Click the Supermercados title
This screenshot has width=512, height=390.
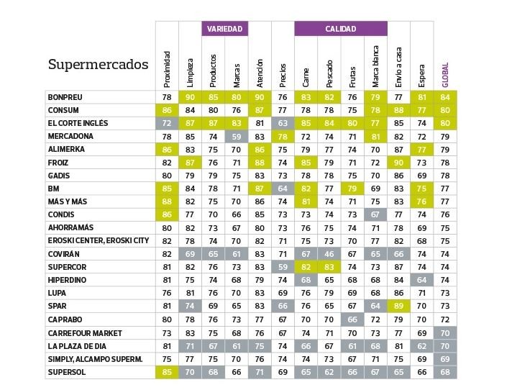tap(98, 65)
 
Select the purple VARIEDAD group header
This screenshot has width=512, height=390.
tap(224, 29)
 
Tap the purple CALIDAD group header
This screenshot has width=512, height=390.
tap(340, 29)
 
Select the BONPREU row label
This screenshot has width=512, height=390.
tap(65, 97)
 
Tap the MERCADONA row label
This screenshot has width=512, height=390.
tap(70, 136)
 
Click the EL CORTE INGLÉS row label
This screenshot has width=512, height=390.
tap(78, 123)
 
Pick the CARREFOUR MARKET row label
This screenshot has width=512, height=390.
tap(85, 333)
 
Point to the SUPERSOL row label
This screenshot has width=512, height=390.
tap(67, 372)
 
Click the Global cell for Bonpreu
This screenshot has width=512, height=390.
tap(445, 97)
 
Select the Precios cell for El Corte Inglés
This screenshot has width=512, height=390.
tap(283, 123)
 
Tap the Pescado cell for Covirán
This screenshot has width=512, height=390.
tap(329, 254)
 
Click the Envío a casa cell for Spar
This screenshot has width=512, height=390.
tap(398, 307)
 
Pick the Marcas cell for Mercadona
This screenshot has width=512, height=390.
tap(235, 136)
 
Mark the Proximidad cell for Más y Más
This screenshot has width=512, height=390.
tap(167, 201)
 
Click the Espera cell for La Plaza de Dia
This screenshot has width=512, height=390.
tap(422, 346)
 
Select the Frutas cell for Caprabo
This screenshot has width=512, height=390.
tap(352, 319)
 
